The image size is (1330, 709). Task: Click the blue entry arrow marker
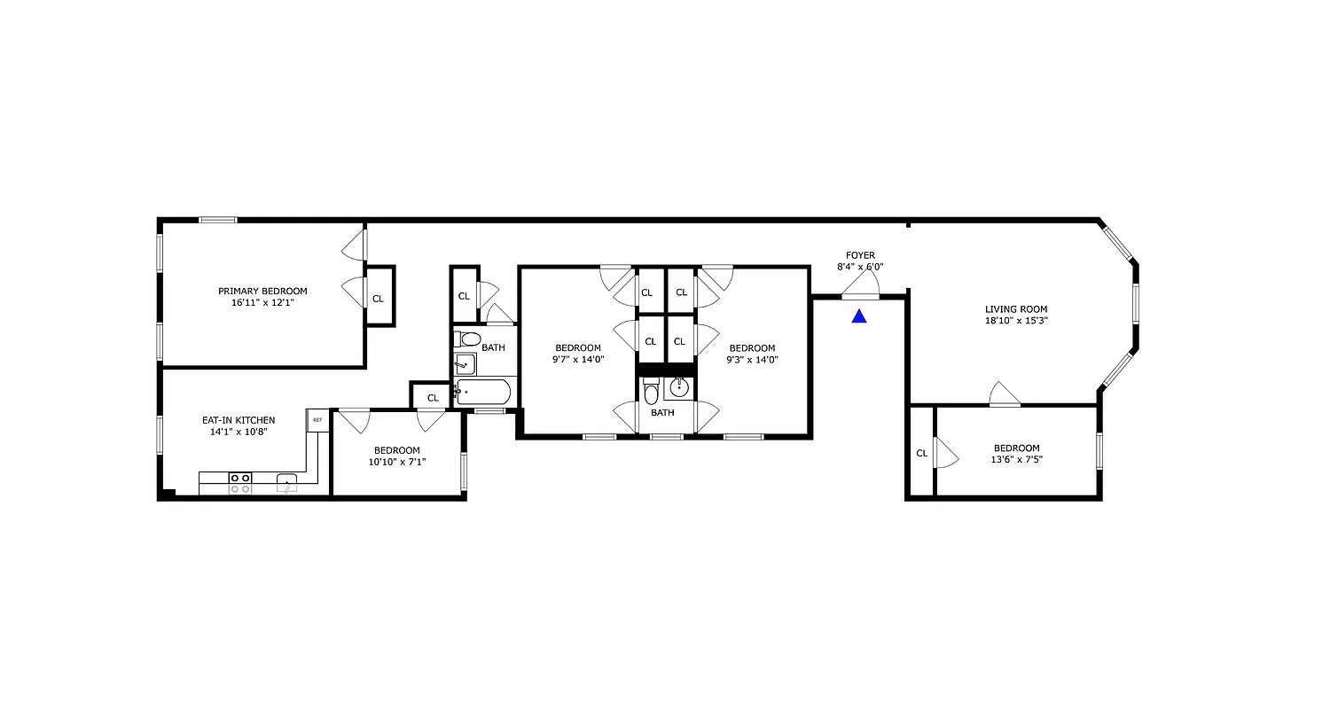point(858,316)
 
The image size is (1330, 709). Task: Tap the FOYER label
point(859,255)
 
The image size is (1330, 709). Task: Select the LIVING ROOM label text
point(1010,309)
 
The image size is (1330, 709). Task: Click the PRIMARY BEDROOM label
point(262,291)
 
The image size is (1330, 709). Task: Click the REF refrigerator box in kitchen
point(317,419)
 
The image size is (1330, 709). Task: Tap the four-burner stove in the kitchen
point(239,483)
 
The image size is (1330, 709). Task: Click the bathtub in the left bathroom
point(483,393)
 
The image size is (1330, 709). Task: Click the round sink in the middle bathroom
point(679,387)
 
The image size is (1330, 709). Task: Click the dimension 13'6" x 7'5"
point(1016,461)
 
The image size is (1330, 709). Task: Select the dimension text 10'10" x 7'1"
point(396,462)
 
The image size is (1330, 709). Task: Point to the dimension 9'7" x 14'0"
point(578,360)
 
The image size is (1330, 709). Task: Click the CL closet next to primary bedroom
point(379,298)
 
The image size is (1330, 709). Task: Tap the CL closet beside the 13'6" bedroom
point(921,453)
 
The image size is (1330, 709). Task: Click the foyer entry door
point(860,287)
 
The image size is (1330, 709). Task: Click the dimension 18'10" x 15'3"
point(1010,322)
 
